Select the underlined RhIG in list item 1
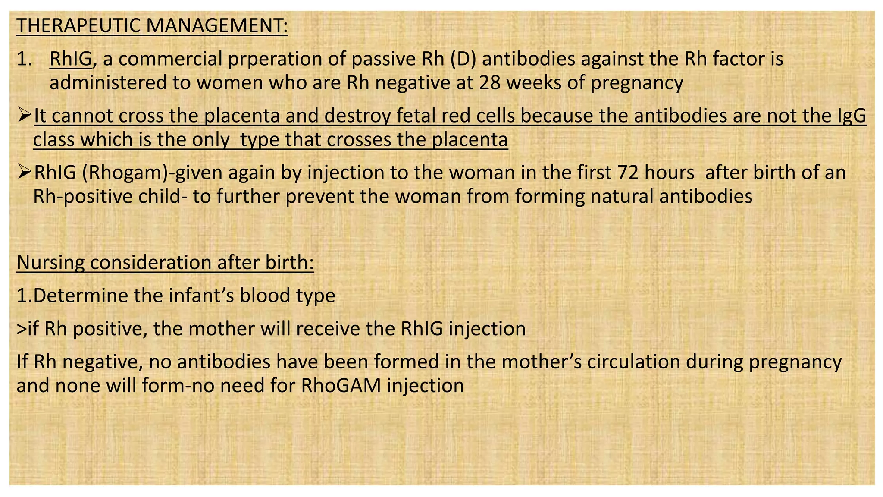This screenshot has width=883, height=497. [71, 59]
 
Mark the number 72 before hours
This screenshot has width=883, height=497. [629, 173]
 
